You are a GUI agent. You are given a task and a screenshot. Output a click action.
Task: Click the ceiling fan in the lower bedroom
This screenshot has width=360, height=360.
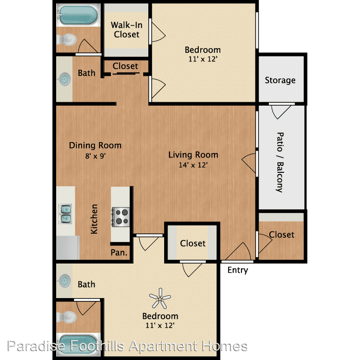tap(160, 299)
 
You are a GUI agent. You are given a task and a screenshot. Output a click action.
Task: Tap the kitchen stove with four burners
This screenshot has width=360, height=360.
tap(121, 217)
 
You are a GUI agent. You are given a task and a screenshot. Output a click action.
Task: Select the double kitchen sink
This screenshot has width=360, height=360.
tap(66, 214)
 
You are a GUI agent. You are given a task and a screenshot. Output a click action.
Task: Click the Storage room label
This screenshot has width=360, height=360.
tap(280, 80)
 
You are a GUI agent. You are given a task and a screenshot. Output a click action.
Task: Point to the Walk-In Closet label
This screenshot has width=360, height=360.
tap(127, 30)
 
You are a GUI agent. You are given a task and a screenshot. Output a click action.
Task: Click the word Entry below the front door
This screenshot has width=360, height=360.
tap(238, 270)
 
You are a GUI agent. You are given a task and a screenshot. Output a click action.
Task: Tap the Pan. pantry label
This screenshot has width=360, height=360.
tap(119, 252)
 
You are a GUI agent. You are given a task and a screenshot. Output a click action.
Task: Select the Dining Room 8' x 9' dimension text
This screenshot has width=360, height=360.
tap(96, 156)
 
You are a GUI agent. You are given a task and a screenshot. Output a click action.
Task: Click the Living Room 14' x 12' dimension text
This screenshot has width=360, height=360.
tap(193, 165)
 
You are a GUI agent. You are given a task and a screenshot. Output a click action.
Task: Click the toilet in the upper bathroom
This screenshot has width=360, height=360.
tap(66, 39)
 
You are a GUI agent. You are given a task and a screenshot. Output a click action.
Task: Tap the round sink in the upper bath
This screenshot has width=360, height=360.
tap(65, 79)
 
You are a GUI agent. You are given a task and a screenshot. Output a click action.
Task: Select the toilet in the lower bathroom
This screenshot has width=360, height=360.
tap(66, 317)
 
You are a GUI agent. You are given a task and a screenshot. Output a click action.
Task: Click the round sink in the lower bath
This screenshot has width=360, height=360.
tap(65, 281)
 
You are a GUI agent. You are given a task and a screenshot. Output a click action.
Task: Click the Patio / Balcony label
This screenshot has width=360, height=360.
tap(280, 162)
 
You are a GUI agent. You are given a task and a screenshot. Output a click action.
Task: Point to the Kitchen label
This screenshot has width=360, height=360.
tap(94, 219)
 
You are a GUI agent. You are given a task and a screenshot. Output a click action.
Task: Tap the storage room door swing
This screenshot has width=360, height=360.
tap(281, 111)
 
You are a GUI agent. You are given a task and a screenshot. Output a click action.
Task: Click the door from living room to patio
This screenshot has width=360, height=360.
tap(249, 163)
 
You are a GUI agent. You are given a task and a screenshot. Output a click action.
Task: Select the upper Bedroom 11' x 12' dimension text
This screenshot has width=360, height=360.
tap(203, 59)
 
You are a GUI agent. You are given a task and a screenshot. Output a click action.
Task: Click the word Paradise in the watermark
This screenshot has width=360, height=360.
tap(36, 346)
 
